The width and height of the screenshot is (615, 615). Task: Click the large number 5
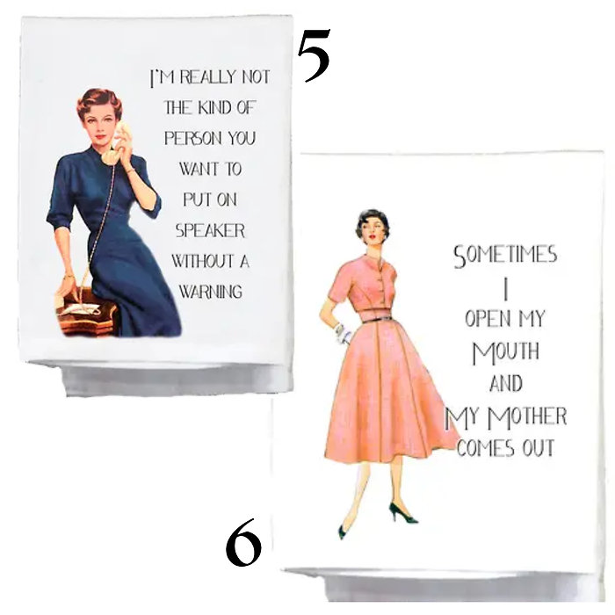[x=313, y=54]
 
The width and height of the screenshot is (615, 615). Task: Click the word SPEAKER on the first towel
[x=210, y=231]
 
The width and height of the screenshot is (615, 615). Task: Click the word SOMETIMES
[x=504, y=257]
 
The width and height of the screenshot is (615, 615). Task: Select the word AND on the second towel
[x=504, y=384]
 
